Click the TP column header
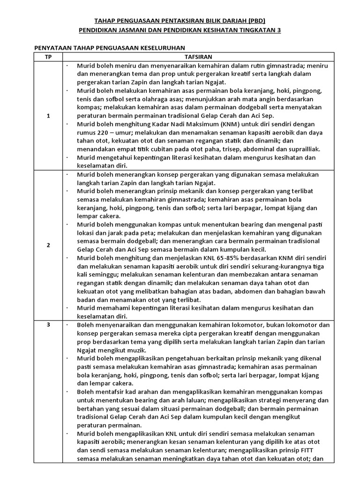pyautogui.click(x=48, y=57)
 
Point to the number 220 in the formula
pyautogui.click(x=102, y=133)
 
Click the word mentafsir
pyautogui.click(x=108, y=391)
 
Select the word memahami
pyautogui.click(x=116, y=308)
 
